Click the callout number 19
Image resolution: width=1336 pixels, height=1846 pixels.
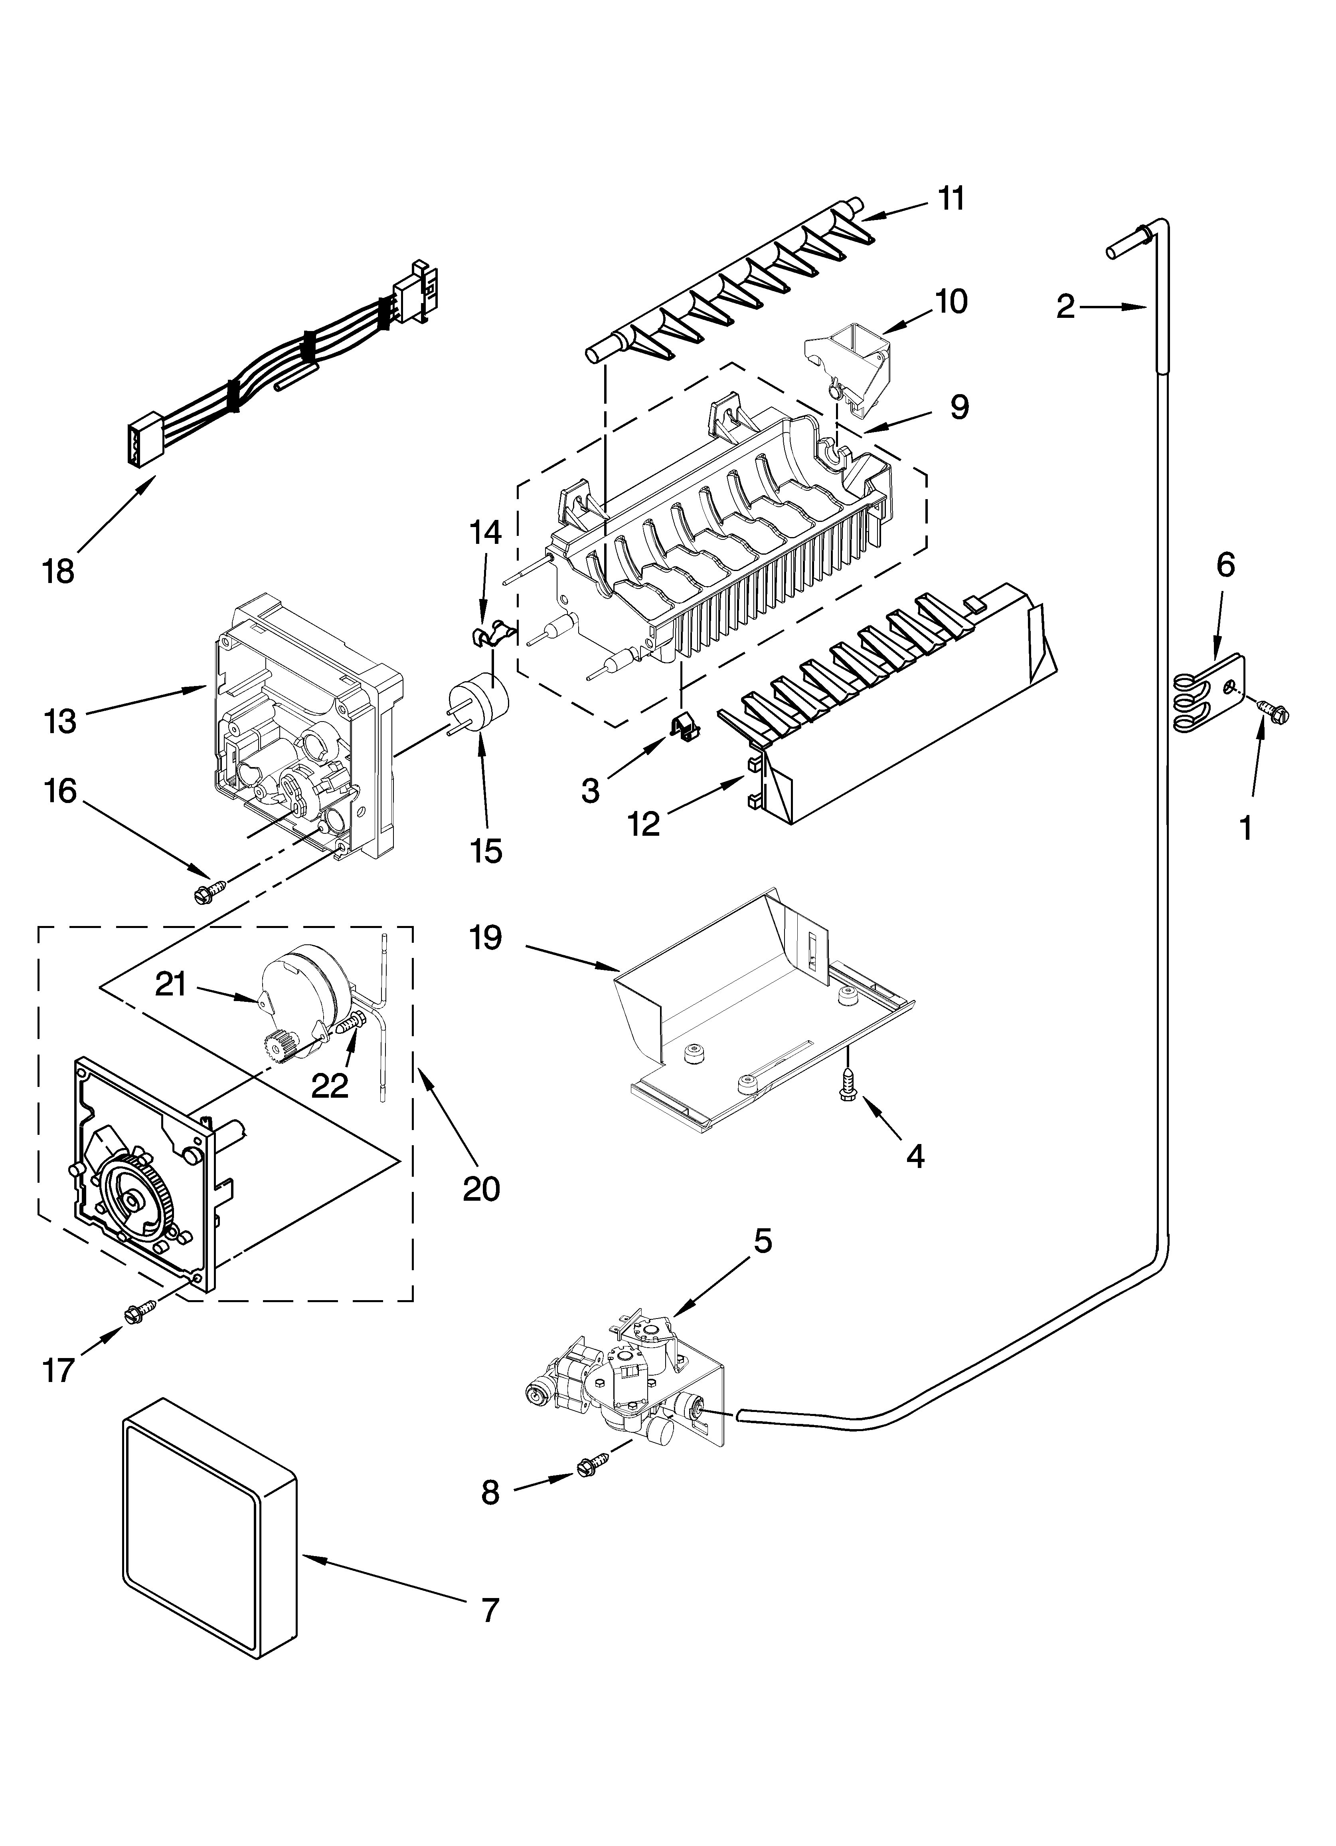pyautogui.click(x=486, y=938)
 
